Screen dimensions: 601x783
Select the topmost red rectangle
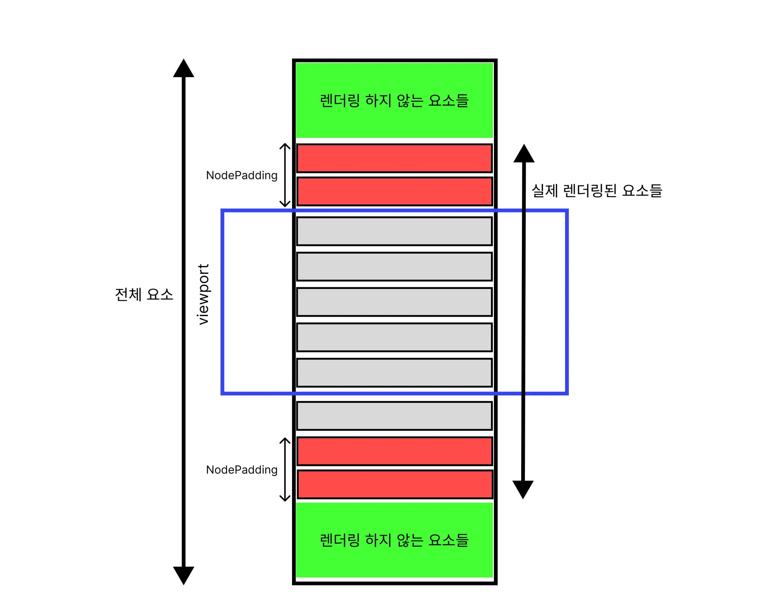(394, 158)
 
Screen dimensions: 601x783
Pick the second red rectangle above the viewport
(394, 191)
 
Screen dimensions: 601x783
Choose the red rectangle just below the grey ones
(394, 451)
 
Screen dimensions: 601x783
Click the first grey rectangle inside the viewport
(394, 231)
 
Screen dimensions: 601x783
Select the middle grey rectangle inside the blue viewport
(394, 302)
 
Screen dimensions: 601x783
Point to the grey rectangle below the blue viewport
(394, 416)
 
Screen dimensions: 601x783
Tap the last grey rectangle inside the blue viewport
(394, 373)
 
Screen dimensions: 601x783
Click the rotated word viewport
(204, 294)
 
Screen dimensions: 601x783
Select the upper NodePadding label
(242, 175)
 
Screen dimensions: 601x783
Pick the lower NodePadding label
(242, 470)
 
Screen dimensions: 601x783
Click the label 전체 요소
(144, 295)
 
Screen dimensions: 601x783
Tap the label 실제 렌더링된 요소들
(597, 190)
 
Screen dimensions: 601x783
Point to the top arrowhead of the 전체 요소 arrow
(184, 69)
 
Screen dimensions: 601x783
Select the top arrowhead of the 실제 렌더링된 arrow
(524, 154)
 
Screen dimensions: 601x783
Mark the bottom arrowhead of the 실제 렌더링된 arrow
(523, 489)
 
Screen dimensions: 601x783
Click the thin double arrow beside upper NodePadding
(285, 175)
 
